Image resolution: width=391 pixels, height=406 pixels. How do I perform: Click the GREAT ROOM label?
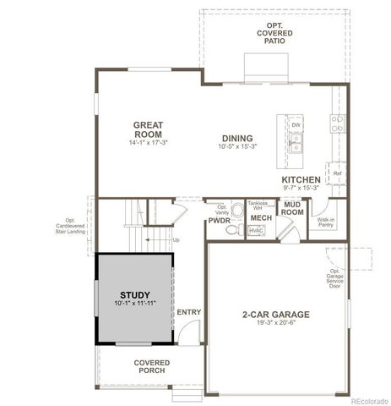tap(148, 129)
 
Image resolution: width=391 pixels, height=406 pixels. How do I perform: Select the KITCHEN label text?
tap(301, 179)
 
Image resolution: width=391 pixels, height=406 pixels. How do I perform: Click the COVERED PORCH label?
tap(151, 366)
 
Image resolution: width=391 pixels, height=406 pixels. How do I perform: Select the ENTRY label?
tap(189, 312)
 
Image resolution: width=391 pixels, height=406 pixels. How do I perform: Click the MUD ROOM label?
tap(293, 209)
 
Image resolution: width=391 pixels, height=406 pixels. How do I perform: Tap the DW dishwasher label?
tap(296, 125)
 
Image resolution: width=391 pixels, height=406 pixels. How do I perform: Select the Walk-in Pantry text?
tap(326, 222)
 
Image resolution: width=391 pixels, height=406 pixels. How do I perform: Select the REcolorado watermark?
tap(364, 399)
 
